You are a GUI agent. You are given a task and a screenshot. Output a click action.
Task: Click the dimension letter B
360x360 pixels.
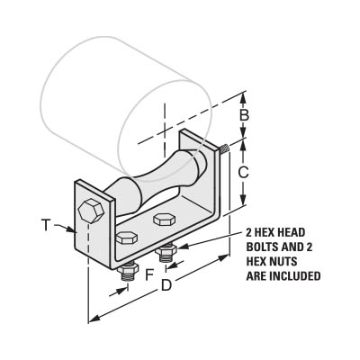(x=244, y=115)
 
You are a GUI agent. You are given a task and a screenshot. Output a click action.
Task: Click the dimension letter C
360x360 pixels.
(x=243, y=172)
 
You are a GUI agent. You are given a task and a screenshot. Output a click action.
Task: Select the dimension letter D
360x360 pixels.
(x=166, y=285)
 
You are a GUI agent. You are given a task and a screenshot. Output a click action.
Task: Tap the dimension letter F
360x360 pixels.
(x=149, y=275)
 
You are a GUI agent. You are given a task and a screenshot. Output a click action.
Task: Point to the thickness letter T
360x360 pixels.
(x=46, y=225)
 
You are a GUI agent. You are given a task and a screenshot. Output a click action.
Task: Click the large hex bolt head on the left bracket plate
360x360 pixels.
(x=91, y=210)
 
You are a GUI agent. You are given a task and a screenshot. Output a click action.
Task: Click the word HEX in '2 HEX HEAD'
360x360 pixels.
(x=266, y=232)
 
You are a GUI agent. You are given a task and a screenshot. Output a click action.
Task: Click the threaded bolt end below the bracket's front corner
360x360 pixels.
(x=128, y=273)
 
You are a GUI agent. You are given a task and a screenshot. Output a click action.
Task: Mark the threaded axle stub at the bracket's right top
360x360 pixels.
(x=224, y=148)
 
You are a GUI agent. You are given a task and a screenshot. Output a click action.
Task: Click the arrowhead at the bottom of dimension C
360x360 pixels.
(x=243, y=200)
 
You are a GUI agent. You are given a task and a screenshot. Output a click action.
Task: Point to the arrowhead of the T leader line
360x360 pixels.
(x=71, y=230)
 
